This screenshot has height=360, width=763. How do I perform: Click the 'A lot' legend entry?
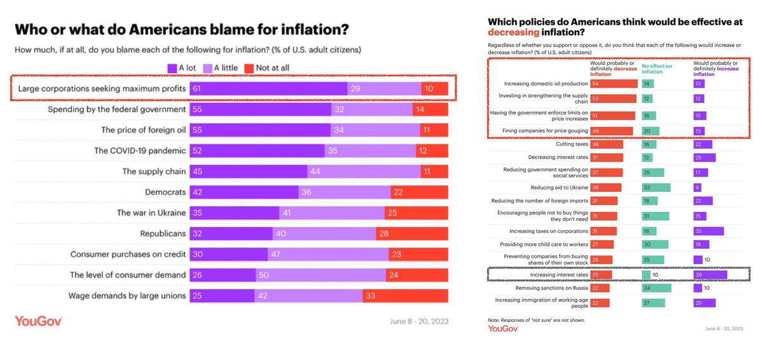coord(184,68)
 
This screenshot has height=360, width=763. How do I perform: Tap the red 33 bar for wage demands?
coord(405,296)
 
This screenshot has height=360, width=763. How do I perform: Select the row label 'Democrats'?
coord(165,192)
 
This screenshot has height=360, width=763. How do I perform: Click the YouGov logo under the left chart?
coord(39,321)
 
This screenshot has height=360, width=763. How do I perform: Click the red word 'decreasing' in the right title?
coord(514,32)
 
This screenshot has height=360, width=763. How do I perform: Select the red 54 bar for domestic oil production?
coord(614,83)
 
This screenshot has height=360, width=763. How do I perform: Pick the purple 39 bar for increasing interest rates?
coord(710,274)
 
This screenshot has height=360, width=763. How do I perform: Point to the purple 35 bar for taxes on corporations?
coord(708,231)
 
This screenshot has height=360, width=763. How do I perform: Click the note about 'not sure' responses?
coord(536,320)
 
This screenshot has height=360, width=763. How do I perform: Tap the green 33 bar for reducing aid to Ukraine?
coord(654,188)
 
